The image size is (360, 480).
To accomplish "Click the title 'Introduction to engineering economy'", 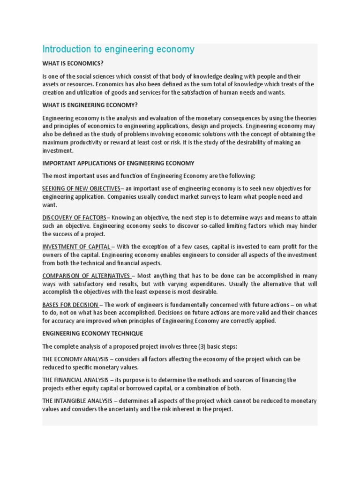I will coord(118,50).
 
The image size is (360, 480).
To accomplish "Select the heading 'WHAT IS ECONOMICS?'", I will coord(73,63).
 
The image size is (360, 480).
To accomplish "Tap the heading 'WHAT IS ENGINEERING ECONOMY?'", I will coord(90,105).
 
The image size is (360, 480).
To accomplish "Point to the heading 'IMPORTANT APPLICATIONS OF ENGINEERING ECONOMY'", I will coord(118,163).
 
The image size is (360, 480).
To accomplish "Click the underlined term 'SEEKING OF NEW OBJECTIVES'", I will coord(81,188).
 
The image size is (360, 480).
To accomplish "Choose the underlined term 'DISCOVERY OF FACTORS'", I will coord(74,217).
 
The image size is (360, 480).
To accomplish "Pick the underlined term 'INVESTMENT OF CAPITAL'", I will coord(76,247).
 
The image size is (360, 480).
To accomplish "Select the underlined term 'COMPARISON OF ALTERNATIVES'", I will coord(86,276).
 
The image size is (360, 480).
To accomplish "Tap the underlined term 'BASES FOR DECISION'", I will coord(70,305).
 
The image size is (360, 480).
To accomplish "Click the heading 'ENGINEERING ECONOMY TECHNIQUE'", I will coord(93,333).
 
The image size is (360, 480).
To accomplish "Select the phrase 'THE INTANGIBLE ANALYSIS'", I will coord(77,401).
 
